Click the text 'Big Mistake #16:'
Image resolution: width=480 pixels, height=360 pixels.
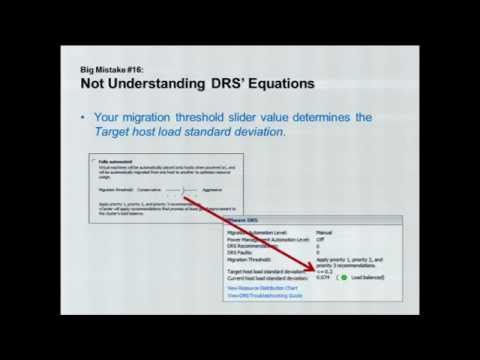[111, 69]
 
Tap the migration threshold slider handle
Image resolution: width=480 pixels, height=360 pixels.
[181, 187]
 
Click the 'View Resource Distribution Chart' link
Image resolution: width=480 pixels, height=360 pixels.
[265, 287]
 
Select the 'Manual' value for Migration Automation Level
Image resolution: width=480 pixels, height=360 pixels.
[324, 232]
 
